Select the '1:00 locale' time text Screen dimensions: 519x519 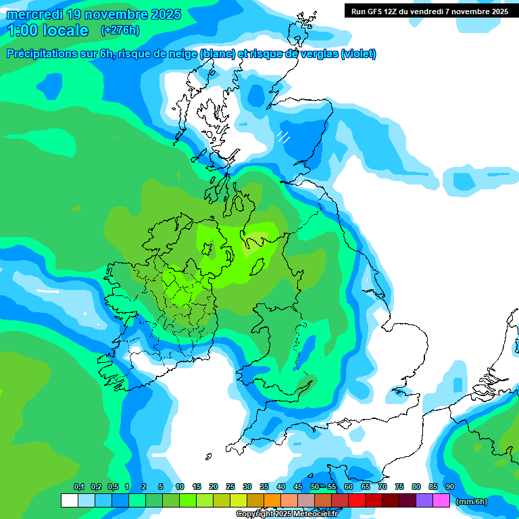[47, 30]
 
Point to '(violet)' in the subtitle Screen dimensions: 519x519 [358, 54]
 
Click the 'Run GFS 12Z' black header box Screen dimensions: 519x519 [430, 11]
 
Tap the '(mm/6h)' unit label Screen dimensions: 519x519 [472, 501]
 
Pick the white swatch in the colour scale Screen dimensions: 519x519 [69, 501]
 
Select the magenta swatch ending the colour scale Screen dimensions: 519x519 [441, 501]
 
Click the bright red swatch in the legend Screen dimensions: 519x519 [374, 501]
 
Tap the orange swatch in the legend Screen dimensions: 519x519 [272, 501]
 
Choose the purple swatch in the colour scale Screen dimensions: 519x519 [424, 501]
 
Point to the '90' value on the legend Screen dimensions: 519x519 [450, 487]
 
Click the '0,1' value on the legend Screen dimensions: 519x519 [78, 487]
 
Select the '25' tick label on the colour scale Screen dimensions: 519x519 [230, 487]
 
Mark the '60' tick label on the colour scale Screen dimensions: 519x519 [349, 487]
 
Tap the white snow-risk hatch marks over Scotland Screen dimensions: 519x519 [283, 137]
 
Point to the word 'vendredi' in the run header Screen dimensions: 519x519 [435, 11]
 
